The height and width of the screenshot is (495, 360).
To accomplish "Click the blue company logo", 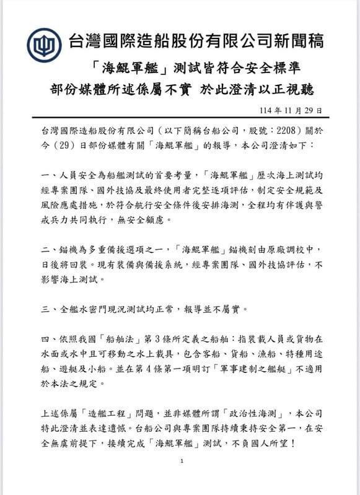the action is tap(44, 45).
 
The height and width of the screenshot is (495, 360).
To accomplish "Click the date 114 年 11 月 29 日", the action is tap(289, 110).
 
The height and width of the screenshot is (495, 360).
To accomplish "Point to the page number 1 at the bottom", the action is tap(181, 461).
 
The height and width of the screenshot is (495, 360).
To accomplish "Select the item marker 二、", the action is tap(45, 249).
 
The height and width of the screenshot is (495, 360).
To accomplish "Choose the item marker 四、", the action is tap(45, 339).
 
